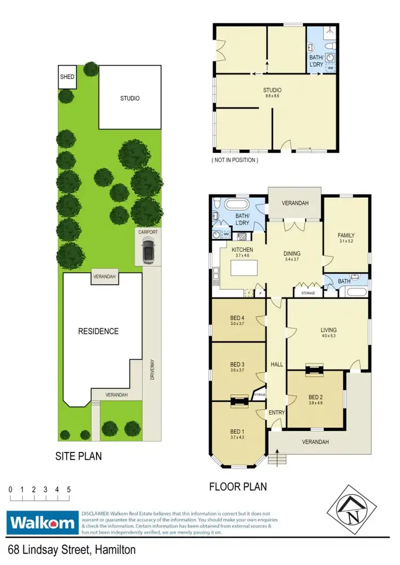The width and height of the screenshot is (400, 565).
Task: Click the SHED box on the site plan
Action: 67,77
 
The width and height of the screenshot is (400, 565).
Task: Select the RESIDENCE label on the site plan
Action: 98,331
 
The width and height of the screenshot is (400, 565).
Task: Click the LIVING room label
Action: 327,330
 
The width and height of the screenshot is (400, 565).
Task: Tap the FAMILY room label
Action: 346,235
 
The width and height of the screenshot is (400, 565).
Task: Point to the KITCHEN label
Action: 242,250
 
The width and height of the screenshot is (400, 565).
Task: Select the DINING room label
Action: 292,254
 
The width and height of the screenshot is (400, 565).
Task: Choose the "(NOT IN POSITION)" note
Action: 235,160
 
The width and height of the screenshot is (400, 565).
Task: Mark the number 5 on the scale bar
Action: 69,489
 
